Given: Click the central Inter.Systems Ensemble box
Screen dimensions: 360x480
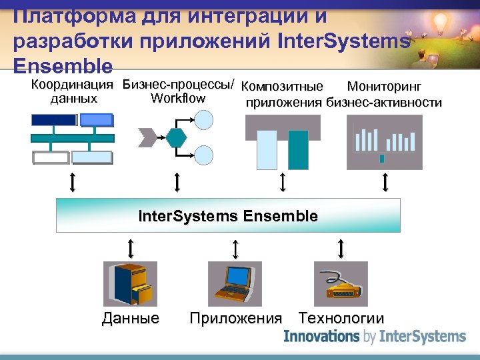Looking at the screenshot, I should [228, 215].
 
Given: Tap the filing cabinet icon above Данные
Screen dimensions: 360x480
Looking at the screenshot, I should [130, 283].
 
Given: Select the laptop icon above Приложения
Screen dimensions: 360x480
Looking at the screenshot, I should [235, 283].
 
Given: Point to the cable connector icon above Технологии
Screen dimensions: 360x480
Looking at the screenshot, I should [341, 283].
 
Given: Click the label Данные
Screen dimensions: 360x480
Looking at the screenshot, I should [131, 319].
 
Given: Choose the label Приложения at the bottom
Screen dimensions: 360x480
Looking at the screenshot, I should [235, 319].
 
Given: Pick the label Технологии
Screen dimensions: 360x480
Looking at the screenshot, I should [341, 319].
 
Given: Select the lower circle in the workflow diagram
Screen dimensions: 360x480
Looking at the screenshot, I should [203, 156].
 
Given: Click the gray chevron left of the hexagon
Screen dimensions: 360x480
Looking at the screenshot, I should [148, 137].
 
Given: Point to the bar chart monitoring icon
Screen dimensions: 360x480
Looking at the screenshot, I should [385, 141].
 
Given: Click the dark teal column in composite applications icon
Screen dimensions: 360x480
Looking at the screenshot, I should [299, 149].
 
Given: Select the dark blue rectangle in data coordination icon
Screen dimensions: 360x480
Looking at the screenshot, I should [53, 120].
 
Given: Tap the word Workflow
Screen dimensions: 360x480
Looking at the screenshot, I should [178, 99].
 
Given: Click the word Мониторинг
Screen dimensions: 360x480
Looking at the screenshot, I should [384, 87].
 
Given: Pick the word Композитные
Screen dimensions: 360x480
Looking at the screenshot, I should [282, 87].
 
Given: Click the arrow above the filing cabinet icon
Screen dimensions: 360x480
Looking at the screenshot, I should [130, 249].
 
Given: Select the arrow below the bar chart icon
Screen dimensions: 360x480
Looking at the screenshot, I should [385, 181].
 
